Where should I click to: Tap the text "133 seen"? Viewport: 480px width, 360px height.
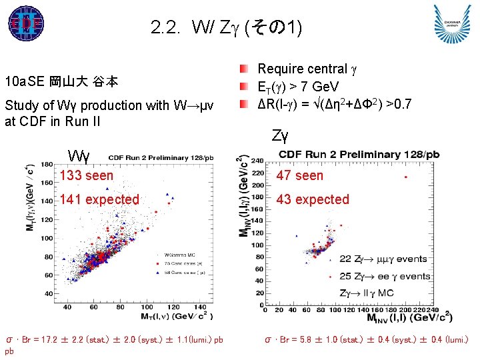(86, 175)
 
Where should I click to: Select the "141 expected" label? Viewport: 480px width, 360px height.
(99, 199)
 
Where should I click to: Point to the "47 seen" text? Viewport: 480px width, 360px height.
(299, 175)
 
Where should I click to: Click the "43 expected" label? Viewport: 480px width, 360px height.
(313, 199)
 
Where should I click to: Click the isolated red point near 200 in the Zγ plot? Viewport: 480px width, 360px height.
(406, 177)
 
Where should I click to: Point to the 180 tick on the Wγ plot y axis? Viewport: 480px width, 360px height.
(47, 165)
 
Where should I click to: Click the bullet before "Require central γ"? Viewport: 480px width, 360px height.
(246, 69)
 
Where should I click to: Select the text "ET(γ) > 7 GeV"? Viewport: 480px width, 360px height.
(298, 87)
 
